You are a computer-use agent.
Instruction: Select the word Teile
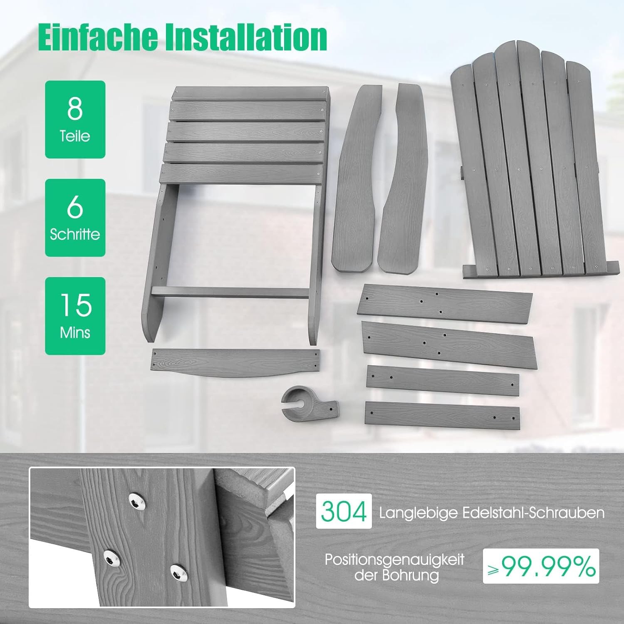(x=75, y=136)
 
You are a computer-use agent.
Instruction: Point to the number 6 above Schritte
(x=75, y=206)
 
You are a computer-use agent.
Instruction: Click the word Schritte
(x=75, y=234)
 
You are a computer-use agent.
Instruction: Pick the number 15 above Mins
(x=75, y=305)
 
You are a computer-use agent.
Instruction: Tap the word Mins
(x=75, y=332)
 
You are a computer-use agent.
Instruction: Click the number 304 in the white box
(x=344, y=511)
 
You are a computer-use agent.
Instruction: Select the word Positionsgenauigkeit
(x=394, y=560)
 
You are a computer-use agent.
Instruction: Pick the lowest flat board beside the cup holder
(x=442, y=415)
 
